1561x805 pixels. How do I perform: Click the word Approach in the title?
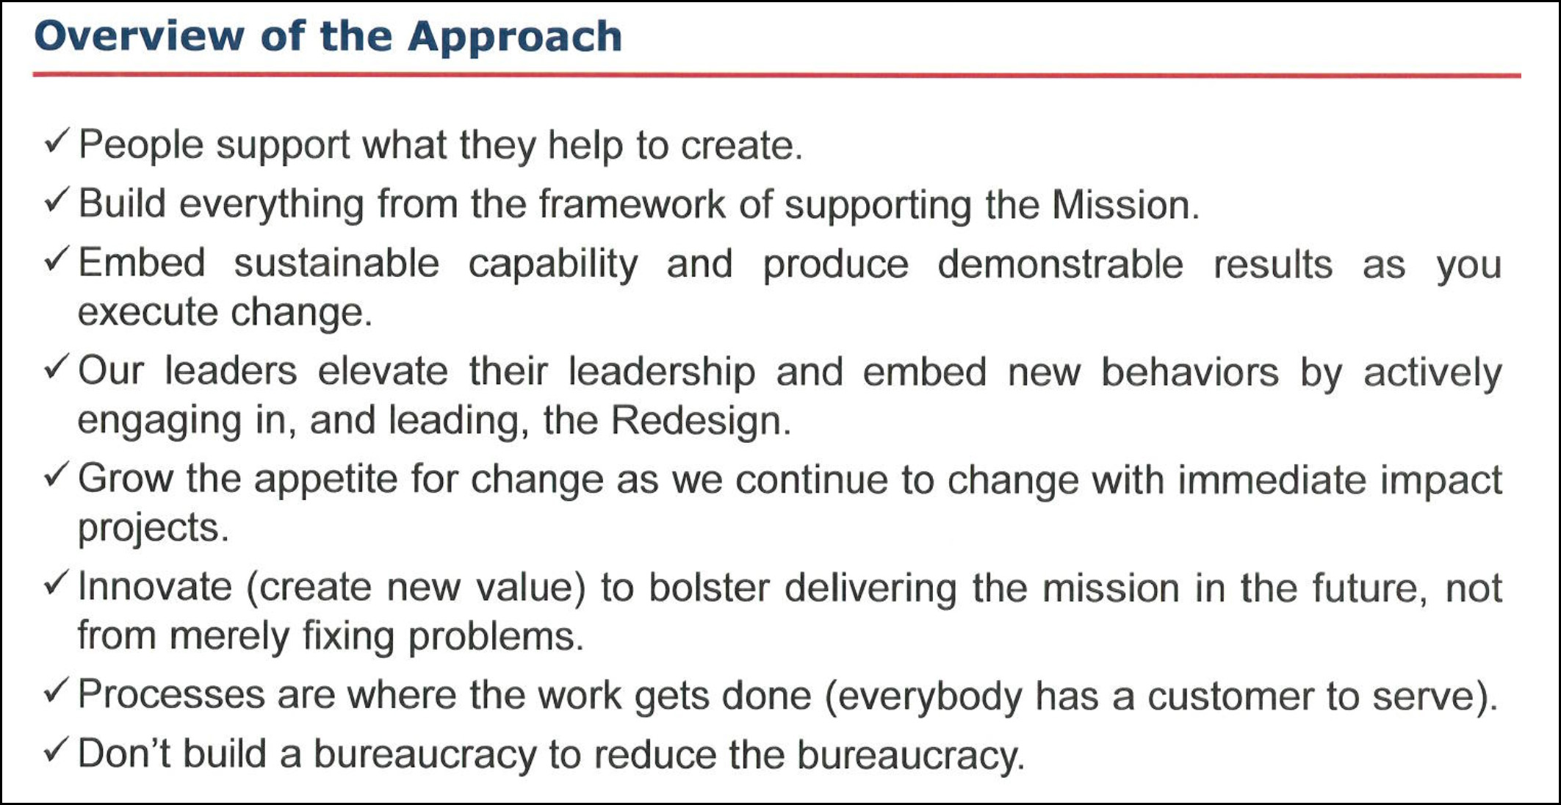[x=515, y=37]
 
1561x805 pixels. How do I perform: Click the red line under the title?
[x=776, y=75]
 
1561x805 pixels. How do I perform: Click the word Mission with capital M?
[x=1125, y=204]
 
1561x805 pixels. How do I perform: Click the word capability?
[x=553, y=264]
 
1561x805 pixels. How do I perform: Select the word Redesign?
[x=701, y=421]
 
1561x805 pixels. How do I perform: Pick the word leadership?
[x=662, y=372]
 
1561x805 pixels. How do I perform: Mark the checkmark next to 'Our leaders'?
[x=57, y=367]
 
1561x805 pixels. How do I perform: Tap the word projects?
[x=153, y=528]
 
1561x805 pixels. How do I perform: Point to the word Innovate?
[x=155, y=587]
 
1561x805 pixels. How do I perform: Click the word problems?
[x=495, y=636]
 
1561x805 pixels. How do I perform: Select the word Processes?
[x=171, y=695]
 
